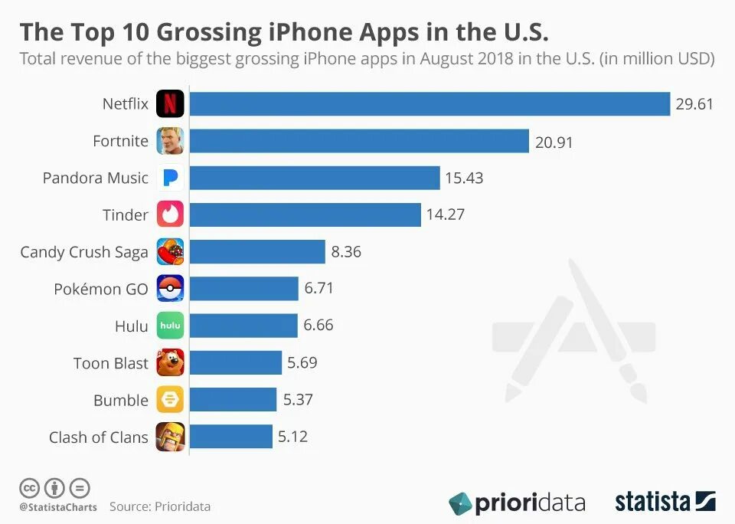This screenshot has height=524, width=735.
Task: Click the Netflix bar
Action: tap(430, 103)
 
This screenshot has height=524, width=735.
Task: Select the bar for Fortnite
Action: tap(359, 141)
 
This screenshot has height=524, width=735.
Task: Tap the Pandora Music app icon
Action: tap(170, 178)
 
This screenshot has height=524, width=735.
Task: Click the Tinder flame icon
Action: tap(170, 215)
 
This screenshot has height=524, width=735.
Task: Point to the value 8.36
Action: tap(346, 251)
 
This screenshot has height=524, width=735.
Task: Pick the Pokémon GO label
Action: tap(100, 289)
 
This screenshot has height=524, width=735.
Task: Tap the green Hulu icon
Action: tap(170, 326)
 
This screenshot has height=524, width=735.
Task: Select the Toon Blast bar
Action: tap(235, 362)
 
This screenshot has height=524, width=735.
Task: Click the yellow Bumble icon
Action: tap(170, 399)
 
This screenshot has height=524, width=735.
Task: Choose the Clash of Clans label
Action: tap(99, 437)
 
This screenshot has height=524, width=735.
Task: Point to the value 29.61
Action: tap(694, 104)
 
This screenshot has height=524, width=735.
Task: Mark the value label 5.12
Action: tap(292, 437)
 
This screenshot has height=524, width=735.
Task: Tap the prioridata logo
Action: tap(517, 503)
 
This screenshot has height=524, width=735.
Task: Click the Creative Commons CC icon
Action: tap(30, 487)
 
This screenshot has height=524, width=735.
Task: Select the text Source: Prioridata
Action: tap(159, 506)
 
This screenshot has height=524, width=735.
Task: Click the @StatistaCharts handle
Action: tap(58, 506)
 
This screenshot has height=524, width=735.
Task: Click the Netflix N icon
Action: tap(170, 103)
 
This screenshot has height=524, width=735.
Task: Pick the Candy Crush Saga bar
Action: tap(256, 251)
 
